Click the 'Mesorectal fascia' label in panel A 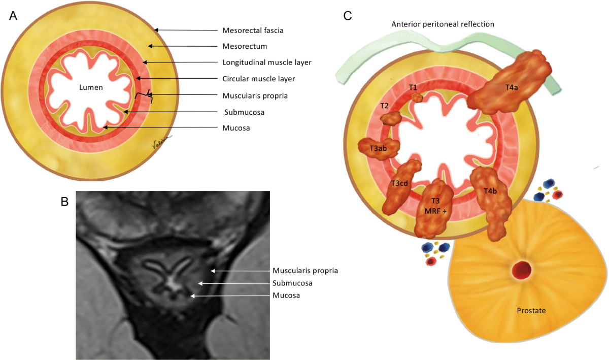(x=253, y=30)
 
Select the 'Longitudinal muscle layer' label (x=267, y=62)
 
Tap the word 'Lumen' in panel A (x=91, y=87)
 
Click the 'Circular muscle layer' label (x=258, y=79)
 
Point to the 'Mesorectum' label (x=245, y=46)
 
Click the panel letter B (x=65, y=202)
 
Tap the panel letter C (x=348, y=16)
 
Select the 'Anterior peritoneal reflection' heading (x=443, y=24)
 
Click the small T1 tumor (x=417, y=97)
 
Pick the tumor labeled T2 (x=391, y=118)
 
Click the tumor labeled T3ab (x=379, y=149)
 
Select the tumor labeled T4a (x=509, y=82)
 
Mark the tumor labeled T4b (x=491, y=203)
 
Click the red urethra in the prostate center (x=522, y=270)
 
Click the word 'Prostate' (x=531, y=310)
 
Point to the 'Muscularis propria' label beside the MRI (x=305, y=271)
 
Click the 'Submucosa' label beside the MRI (x=292, y=283)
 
